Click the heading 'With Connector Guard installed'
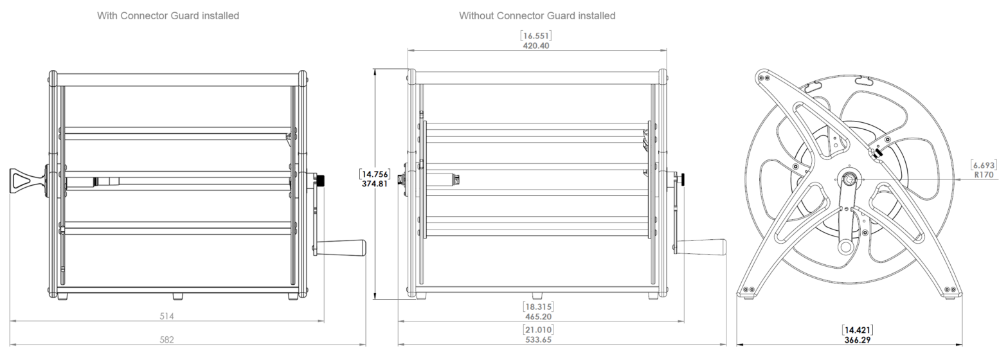(x=168, y=15)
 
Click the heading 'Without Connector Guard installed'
(x=537, y=15)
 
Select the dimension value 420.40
(x=536, y=46)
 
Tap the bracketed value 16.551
(x=536, y=36)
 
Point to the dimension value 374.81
(x=375, y=183)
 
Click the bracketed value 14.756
(x=375, y=174)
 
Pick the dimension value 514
(x=166, y=316)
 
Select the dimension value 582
(x=166, y=339)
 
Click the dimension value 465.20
(x=538, y=317)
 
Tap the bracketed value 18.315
(x=538, y=307)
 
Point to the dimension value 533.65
(x=538, y=339)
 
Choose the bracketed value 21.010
(x=538, y=330)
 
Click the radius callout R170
(x=984, y=174)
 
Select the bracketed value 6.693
(x=984, y=165)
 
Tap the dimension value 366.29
(x=857, y=339)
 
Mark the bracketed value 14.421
(x=857, y=330)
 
